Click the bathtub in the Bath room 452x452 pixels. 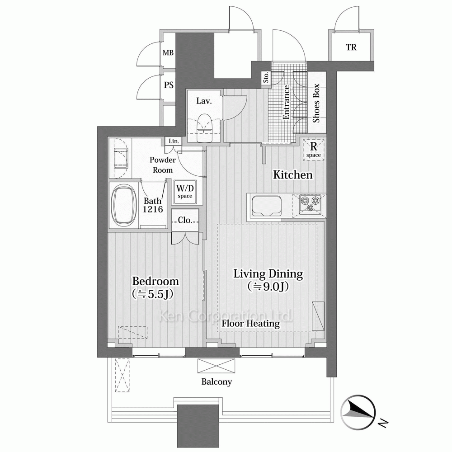click(124, 205)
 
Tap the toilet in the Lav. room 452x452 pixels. click(204, 128)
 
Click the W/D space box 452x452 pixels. click(185, 192)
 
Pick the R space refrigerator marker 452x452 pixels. click(313, 150)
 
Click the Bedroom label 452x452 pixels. click(155, 281)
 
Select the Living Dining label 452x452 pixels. click(268, 274)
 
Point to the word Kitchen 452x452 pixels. click(292, 174)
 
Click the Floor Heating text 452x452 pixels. click(250, 324)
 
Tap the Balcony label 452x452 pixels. click(217, 381)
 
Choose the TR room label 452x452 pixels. click(351, 47)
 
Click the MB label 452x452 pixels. click(168, 53)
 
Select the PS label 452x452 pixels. click(169, 85)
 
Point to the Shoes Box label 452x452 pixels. click(316, 103)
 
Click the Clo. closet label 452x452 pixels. click(185, 220)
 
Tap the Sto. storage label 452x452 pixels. click(266, 77)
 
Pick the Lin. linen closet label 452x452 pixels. click(174, 141)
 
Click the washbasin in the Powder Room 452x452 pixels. click(121, 158)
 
